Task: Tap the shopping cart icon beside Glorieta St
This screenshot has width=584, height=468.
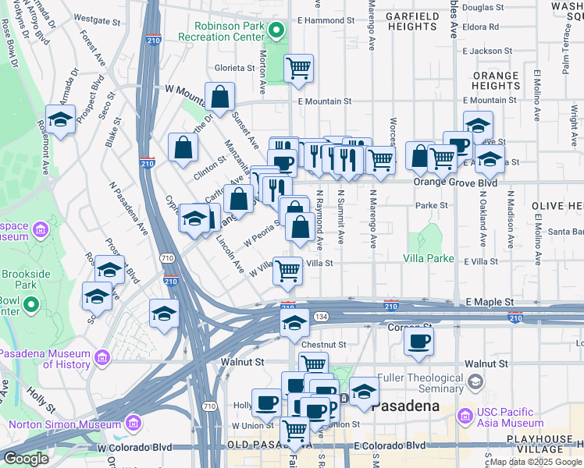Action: [x=298, y=69]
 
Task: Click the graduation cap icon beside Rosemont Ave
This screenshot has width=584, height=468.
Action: [x=60, y=119]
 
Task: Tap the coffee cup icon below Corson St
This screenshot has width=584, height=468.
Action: [x=418, y=340]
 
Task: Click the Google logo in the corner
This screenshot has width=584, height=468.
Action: [x=26, y=459]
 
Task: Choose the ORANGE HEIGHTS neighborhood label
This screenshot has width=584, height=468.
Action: [x=496, y=80]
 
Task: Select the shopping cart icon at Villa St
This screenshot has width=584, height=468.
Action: [x=287, y=271]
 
